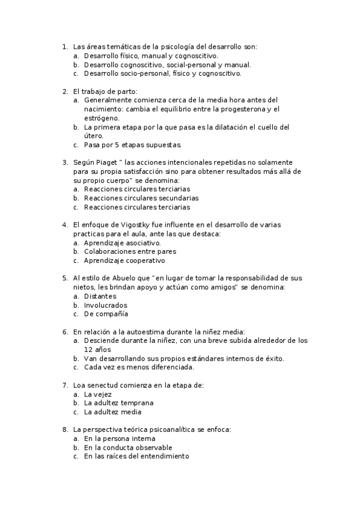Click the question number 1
[x=64, y=46]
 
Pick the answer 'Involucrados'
[x=106, y=305]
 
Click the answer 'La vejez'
[x=98, y=394]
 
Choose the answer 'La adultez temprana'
[x=119, y=403]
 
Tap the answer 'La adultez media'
[x=113, y=412]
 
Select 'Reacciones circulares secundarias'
[x=141, y=198]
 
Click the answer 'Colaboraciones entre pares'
[x=130, y=251]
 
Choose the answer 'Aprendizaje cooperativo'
[x=124, y=260]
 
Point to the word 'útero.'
[x=94, y=136]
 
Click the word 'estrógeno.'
[x=102, y=118]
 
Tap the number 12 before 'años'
[x=88, y=349]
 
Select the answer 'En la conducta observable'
[x=129, y=447]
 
